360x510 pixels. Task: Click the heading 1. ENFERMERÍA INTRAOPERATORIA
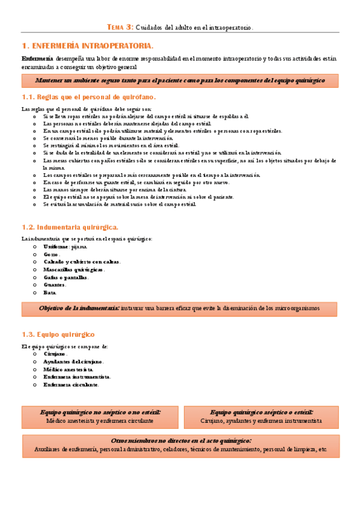coord(87,46)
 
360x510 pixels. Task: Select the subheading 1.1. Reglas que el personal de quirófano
coord(88,97)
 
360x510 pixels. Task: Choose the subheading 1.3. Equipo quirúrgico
coord(58,334)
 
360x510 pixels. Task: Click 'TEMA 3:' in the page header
coord(120,27)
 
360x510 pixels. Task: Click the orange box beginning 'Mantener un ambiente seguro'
coord(180,80)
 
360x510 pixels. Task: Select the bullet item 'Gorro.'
coord(51,254)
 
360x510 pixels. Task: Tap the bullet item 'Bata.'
coord(50,292)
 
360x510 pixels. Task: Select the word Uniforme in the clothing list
coord(56,247)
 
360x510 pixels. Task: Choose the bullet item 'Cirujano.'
coord(55,354)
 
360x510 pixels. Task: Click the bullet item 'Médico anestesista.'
coord(68,369)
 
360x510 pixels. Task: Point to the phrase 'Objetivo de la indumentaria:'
coord(79,309)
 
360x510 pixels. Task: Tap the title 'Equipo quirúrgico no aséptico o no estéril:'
coord(100,413)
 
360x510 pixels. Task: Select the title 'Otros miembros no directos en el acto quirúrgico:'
coord(180,441)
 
